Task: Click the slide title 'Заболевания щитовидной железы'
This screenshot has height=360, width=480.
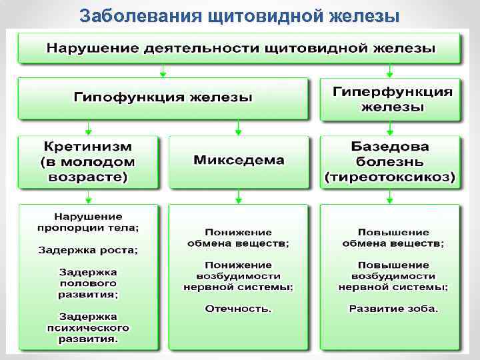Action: (239, 14)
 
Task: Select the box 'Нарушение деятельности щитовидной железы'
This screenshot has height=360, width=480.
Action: (239, 48)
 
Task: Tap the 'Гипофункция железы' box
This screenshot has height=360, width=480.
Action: (163, 97)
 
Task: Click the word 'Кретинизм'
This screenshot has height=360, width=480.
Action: (88, 146)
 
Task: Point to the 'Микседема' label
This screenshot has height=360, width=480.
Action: (239, 161)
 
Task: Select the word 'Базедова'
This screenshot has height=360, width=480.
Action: (391, 146)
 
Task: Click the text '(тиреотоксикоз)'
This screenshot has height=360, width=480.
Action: (391, 177)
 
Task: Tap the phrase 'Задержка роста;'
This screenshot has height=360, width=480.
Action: (88, 250)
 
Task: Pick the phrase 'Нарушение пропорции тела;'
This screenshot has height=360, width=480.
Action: (88, 221)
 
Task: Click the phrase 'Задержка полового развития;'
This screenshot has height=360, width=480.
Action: (88, 283)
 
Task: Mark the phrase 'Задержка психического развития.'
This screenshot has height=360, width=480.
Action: (88, 328)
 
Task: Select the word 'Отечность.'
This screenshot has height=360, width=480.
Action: (239, 309)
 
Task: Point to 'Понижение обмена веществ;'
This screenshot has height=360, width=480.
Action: (239, 238)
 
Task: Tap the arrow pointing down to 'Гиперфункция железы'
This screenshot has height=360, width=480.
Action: (391, 71)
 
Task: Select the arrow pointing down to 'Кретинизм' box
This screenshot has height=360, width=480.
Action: (88, 128)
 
